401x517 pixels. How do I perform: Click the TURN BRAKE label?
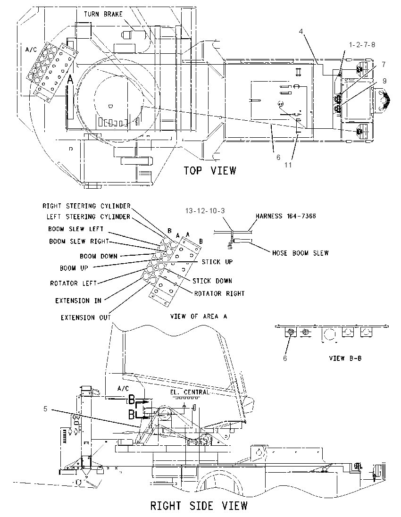(103, 14)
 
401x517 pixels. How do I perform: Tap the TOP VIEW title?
(210, 170)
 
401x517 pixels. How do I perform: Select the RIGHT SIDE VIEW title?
(199, 506)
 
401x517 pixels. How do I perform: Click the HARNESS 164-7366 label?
(285, 216)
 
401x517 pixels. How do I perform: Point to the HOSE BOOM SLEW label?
(301, 253)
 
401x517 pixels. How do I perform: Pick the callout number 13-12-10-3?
(205, 211)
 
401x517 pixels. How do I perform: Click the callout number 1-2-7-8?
(362, 44)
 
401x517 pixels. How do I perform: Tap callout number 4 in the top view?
(301, 31)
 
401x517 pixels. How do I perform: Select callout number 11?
(288, 165)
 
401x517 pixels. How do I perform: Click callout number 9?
(384, 81)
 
